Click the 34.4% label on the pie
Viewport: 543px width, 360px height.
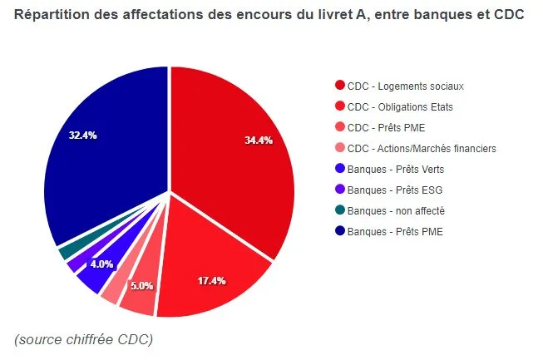click(259, 140)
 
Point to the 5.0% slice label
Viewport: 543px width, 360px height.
click(142, 285)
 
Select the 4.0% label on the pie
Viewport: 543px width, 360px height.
click(102, 264)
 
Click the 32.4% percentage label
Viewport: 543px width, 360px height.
click(83, 135)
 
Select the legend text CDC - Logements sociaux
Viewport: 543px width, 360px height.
click(405, 86)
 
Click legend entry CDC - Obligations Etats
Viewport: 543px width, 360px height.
click(399, 106)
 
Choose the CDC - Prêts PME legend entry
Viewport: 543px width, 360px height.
click(388, 127)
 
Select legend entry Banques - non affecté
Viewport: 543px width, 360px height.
click(395, 210)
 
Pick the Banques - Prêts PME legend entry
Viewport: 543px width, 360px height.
click(394, 231)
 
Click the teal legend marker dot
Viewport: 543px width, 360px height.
click(339, 210)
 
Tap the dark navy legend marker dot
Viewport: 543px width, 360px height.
click(339, 231)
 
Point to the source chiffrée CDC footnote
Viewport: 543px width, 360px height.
click(83, 339)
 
